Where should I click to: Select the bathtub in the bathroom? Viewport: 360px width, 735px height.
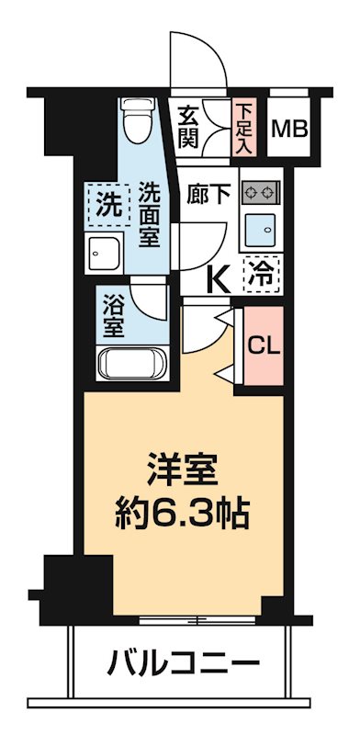pyautogui.click(x=131, y=362)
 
